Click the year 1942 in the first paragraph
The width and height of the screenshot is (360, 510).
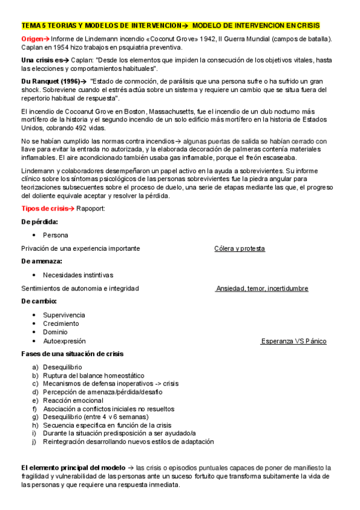click(x=207, y=38)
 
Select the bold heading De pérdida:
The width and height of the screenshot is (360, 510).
click(x=40, y=221)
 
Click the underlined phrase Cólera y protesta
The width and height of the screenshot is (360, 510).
click(x=239, y=248)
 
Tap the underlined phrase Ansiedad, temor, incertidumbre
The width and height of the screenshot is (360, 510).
click(x=262, y=289)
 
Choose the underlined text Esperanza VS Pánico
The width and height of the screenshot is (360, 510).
click(x=294, y=341)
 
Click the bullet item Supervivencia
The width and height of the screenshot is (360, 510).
click(x=64, y=315)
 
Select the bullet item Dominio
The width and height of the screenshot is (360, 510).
click(x=55, y=332)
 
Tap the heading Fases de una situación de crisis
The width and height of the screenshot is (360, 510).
click(x=72, y=354)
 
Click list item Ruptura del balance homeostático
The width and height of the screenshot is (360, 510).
click(x=93, y=375)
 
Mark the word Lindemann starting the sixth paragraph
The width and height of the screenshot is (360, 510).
click(x=37, y=171)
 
